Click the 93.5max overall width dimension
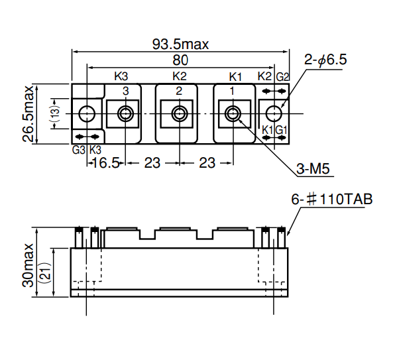point(180,45)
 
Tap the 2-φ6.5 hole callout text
point(325,60)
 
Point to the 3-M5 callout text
point(313,170)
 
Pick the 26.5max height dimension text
point(28,113)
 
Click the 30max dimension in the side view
point(28,263)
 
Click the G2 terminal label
point(282,76)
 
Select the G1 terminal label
point(281,129)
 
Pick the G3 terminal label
point(79,150)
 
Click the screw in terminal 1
point(233,113)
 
